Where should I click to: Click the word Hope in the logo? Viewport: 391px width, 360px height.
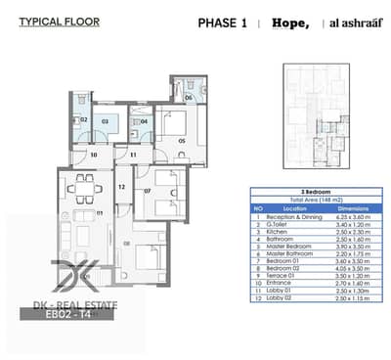(290, 22)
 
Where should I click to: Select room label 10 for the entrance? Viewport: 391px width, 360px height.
(93, 154)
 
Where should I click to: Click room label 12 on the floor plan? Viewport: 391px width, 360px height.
(121, 186)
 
